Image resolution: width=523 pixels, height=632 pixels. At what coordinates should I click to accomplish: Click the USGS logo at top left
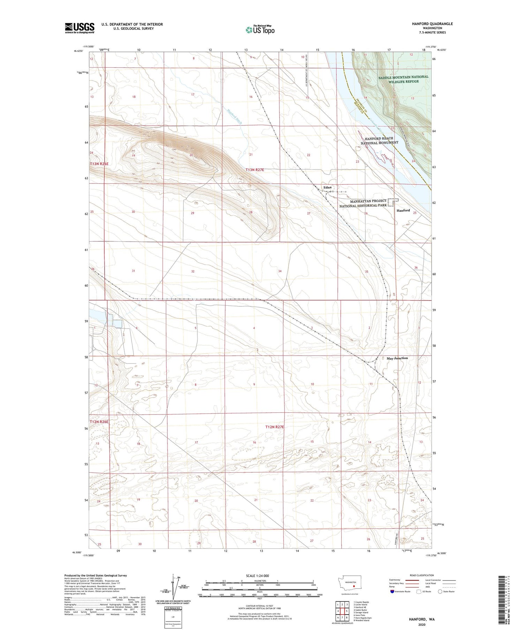(x=79, y=28)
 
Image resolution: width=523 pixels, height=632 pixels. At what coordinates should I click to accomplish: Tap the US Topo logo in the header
(x=260, y=30)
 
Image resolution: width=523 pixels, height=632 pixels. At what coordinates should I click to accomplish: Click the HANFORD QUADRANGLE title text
(x=432, y=24)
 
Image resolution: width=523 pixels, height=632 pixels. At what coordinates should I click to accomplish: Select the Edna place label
(x=327, y=188)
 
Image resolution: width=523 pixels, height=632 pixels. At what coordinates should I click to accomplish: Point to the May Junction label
(x=397, y=358)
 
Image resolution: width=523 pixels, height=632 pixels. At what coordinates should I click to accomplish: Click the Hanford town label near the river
(x=403, y=210)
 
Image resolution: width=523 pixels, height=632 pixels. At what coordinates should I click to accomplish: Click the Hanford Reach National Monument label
(x=379, y=140)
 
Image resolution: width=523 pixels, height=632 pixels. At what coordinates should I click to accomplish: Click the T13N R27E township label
(x=255, y=170)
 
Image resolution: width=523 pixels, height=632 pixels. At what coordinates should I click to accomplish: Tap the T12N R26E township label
(x=99, y=422)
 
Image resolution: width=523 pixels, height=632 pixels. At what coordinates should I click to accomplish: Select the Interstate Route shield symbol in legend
(x=392, y=592)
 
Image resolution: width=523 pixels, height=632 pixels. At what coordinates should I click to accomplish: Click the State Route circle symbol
(x=440, y=592)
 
